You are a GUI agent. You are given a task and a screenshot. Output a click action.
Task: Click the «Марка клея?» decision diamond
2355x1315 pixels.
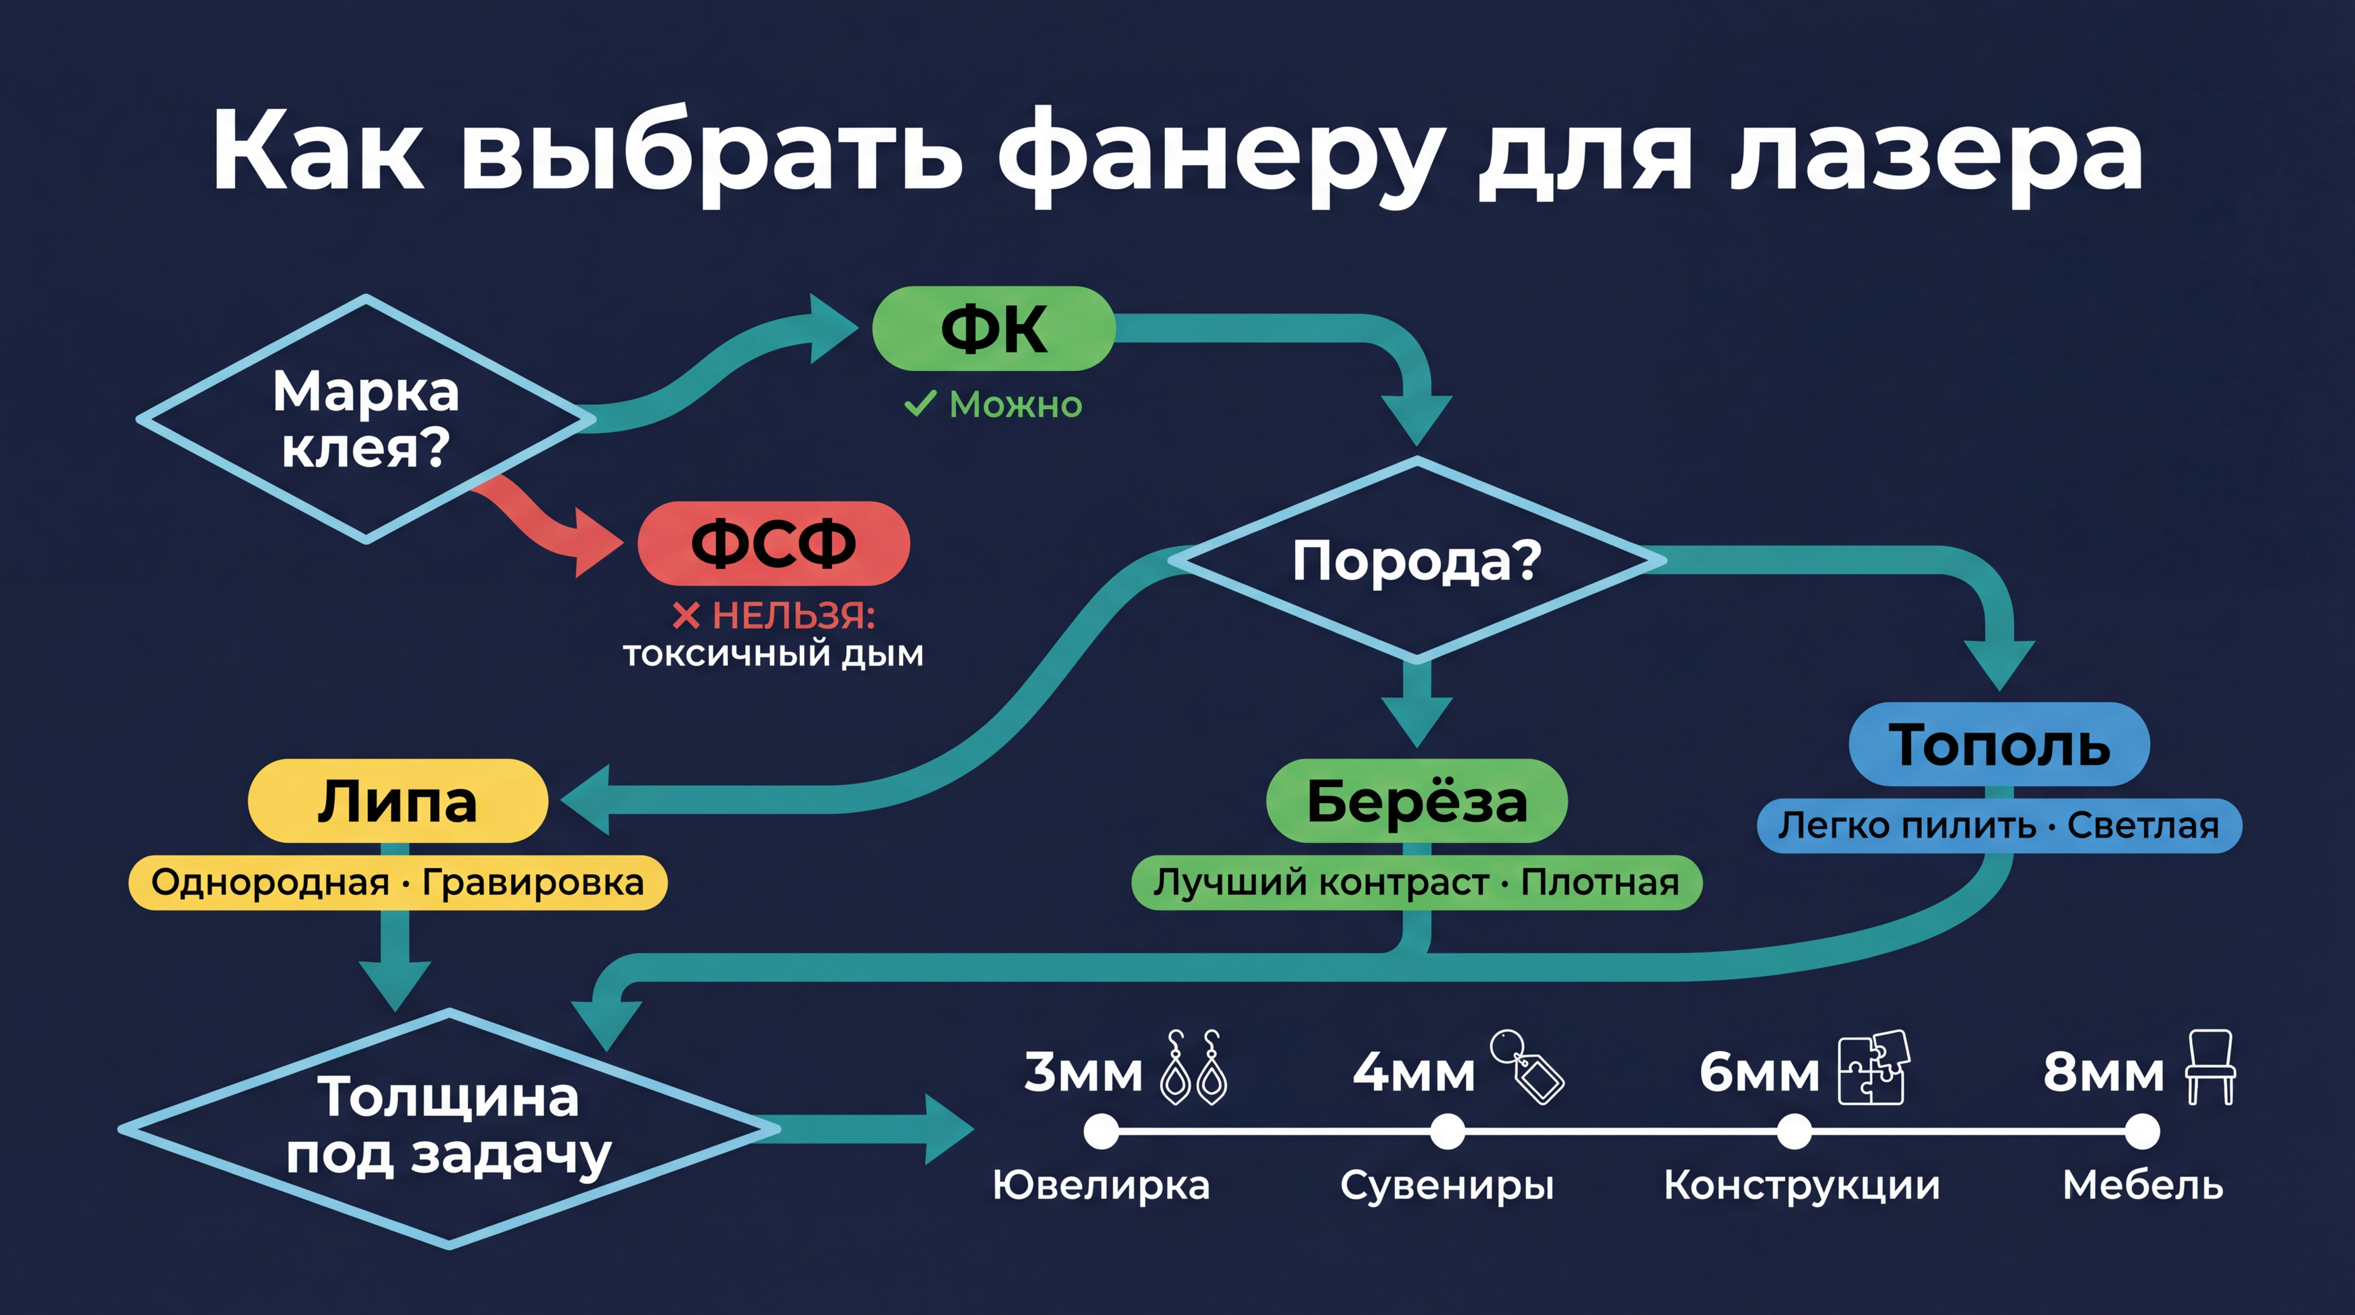click(366, 419)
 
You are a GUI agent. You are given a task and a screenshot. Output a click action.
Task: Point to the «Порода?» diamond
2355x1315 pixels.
click(1416, 559)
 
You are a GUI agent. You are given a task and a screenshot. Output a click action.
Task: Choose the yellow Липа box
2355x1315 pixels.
click(397, 801)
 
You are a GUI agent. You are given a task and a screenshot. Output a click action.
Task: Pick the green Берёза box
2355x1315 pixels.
click(1416, 801)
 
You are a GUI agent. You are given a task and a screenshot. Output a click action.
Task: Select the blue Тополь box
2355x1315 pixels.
click(1999, 744)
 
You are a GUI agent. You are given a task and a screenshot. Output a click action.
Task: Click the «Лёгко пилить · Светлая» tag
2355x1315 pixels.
click(1999, 826)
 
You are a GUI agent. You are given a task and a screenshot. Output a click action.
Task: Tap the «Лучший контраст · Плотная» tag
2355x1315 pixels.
click(1416, 883)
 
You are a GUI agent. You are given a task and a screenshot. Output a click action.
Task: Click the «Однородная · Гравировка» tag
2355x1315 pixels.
click(397, 883)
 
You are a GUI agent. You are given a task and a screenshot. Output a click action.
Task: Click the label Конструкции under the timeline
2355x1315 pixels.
click(1801, 1185)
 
